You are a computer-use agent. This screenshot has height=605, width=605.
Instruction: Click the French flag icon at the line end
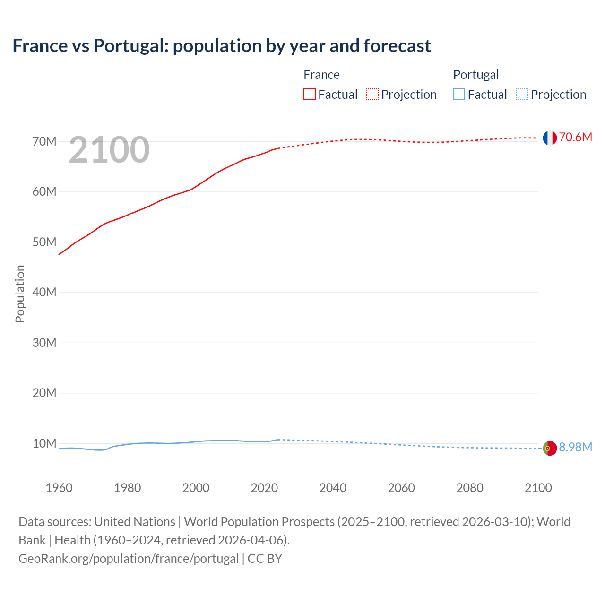(x=550, y=138)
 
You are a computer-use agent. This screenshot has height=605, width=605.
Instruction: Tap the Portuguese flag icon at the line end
(x=550, y=448)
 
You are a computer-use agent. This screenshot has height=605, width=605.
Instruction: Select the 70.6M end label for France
(x=575, y=138)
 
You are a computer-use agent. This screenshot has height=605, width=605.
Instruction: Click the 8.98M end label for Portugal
(x=575, y=448)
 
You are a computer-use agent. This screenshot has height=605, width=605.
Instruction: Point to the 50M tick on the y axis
(x=44, y=242)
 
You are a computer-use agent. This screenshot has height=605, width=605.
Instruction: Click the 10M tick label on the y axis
(x=44, y=443)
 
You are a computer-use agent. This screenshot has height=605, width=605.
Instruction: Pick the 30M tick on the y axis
(x=44, y=343)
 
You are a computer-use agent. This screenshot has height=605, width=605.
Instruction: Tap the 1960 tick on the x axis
(x=59, y=488)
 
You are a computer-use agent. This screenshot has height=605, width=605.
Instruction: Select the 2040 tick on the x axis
(x=333, y=488)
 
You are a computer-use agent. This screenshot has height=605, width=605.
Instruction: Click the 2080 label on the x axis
(x=470, y=488)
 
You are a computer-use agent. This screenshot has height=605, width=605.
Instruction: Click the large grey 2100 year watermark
(x=109, y=150)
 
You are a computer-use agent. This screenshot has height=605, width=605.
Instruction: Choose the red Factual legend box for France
(x=310, y=94)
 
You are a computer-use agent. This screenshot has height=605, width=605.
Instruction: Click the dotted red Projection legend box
(x=372, y=94)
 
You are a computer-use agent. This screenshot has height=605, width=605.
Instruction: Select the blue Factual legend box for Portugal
(x=459, y=94)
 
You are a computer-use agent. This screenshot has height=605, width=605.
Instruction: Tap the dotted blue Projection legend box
(x=522, y=94)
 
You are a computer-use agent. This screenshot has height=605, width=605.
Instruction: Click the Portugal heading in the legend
(x=476, y=75)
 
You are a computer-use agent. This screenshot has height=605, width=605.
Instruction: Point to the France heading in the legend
(x=321, y=75)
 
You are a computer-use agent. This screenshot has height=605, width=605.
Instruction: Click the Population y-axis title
(x=20, y=294)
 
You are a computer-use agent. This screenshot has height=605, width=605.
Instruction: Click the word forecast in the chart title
(x=397, y=46)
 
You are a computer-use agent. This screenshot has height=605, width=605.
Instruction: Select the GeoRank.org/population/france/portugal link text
(x=129, y=559)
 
